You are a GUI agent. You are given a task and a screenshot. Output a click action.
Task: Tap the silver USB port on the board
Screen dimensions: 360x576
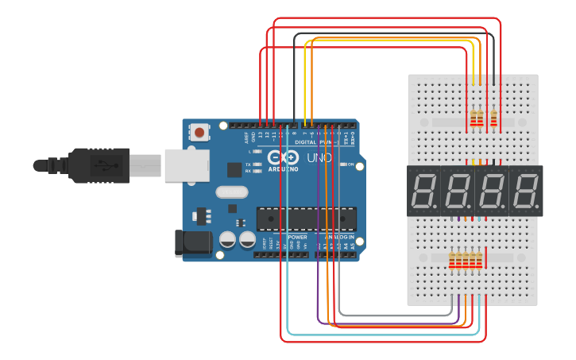click(187, 165)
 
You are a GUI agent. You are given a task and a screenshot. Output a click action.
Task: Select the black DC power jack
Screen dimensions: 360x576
click(193, 243)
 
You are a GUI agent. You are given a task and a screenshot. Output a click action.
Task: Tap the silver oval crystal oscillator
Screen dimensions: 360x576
click(233, 192)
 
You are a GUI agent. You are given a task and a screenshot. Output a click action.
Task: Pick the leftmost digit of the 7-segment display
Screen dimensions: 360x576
click(423, 191)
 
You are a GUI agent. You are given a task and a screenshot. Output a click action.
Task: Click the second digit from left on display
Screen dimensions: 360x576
click(458, 191)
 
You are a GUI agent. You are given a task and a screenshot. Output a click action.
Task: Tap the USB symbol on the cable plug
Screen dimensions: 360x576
click(102, 165)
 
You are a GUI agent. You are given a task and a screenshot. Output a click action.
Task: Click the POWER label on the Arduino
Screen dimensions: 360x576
click(297, 237)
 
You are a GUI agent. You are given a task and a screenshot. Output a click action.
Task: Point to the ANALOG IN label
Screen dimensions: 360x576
click(339, 237)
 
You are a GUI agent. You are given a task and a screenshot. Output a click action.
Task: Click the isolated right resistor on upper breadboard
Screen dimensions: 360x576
click(494, 118)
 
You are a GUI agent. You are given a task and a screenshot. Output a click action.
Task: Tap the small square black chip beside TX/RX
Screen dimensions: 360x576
click(234, 169)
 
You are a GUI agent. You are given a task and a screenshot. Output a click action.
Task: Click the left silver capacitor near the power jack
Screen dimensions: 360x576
click(227, 239)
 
